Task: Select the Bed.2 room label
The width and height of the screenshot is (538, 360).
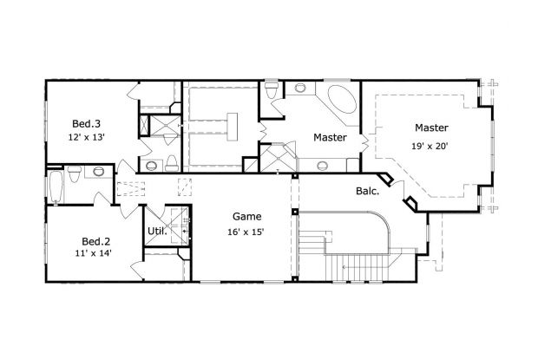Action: (x=96, y=240)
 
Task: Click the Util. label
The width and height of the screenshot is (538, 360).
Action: (x=156, y=231)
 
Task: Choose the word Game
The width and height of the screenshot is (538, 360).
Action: (x=246, y=216)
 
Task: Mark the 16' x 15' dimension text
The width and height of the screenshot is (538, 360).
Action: (x=246, y=232)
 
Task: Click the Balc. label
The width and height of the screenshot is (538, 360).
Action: (x=366, y=191)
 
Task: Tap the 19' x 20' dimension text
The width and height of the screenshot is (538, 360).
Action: (x=430, y=147)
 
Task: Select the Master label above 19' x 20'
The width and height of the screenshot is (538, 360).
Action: (x=430, y=127)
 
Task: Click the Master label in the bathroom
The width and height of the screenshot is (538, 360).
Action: (x=330, y=138)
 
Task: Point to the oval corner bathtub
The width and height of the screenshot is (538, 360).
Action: (x=340, y=100)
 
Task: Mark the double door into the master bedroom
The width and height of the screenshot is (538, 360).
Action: (x=371, y=139)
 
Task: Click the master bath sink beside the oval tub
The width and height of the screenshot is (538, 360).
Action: (x=301, y=88)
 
